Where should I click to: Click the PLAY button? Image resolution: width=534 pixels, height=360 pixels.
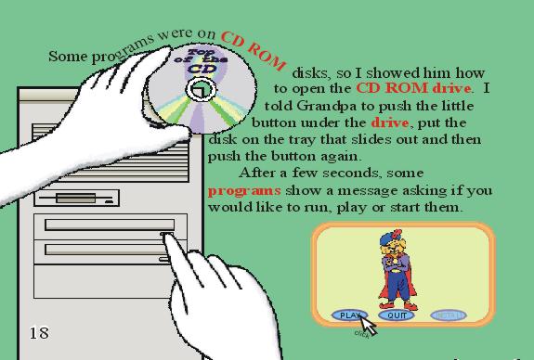350,315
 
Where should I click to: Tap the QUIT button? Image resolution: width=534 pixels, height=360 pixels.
397,315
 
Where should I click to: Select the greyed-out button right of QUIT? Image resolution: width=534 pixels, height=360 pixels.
449,315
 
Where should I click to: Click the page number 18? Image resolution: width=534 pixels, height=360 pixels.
39,333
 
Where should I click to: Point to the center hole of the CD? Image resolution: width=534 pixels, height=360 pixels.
201,89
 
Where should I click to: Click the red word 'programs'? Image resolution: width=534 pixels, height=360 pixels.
244,191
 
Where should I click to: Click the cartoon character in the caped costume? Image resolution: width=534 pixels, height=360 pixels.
397,270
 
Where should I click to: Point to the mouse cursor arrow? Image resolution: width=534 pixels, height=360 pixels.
368,325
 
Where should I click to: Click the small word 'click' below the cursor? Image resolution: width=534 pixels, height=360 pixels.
361,334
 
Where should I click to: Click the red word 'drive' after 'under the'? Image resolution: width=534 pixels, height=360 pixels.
390,122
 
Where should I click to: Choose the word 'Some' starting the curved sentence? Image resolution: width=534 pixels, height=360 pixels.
68,57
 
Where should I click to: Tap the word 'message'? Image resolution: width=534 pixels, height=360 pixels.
368,191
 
